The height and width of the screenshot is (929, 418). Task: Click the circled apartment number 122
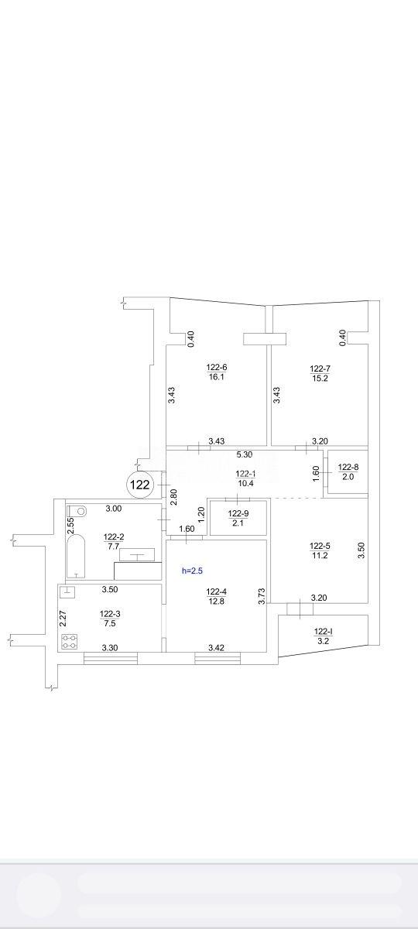pos(140,485)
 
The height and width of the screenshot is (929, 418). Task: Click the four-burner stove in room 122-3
pos(69,642)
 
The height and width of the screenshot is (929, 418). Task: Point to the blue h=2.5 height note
pos(193,571)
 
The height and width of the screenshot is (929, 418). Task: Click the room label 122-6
pos(217,368)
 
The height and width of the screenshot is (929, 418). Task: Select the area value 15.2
pos(320,378)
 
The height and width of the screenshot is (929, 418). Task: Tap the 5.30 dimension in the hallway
pos(245,454)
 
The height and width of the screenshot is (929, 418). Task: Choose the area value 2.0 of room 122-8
pos(348,477)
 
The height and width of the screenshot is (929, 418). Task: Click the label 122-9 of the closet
pos(238,513)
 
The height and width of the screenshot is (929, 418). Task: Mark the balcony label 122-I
pos(324,632)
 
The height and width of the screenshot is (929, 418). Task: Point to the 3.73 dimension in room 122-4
pos(262,597)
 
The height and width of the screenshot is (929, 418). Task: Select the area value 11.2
pos(320,556)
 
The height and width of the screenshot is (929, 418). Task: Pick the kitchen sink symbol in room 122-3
pos(67,591)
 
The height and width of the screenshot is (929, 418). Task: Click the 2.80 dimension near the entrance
pos(174,497)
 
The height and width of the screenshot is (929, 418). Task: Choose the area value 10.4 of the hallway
pos(246,483)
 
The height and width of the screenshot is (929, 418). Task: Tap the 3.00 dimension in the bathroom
pos(114,509)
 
